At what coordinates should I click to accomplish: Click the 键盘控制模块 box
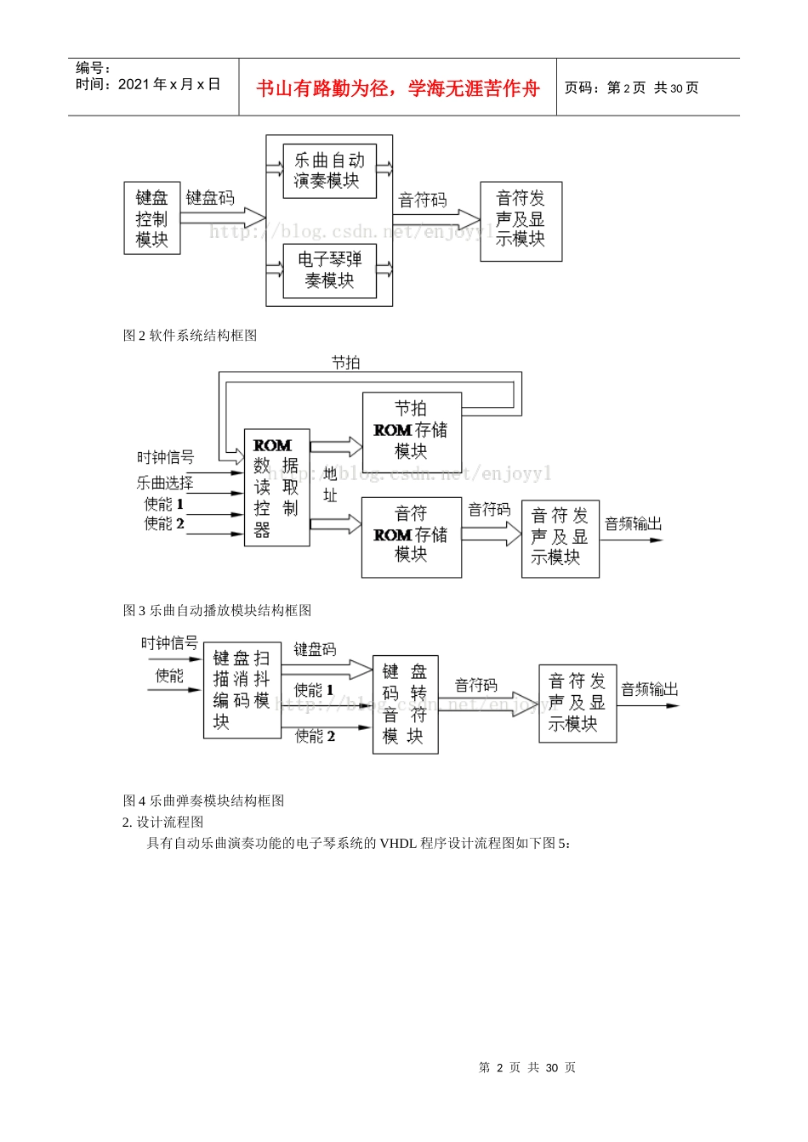coord(152,218)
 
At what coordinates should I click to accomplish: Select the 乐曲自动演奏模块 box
coord(329,171)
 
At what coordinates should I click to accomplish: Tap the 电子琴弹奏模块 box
coord(329,270)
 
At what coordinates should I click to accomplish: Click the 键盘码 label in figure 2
coord(210,198)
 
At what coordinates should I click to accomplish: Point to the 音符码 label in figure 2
coord(423,201)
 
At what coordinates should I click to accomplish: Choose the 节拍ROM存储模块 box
coord(412,429)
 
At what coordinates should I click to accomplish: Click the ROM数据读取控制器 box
coord(276,487)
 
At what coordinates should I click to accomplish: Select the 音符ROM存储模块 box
coord(412,535)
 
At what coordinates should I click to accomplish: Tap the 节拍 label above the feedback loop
coord(345,363)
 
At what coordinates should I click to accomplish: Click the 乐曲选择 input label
coord(165,483)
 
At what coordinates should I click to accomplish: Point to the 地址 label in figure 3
coord(330,484)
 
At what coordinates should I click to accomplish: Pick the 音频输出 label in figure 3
coord(633,524)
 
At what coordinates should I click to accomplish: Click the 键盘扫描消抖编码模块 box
coord(242,690)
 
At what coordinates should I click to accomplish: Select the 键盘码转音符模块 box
coord(405,704)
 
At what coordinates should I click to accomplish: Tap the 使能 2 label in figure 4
coord(315,736)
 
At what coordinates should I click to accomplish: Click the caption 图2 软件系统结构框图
coord(190,336)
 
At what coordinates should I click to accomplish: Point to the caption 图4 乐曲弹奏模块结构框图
coord(203,800)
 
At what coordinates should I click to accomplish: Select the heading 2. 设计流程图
coord(162,822)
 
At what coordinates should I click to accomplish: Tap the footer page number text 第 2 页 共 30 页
coord(526,1067)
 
